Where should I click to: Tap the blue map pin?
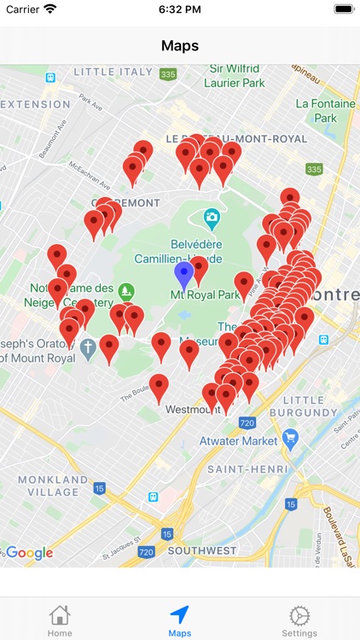pyautogui.click(x=183, y=275)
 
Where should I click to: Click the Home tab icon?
pyautogui.click(x=60, y=615)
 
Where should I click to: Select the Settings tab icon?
pyautogui.click(x=299, y=615)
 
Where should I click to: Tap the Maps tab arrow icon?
pyautogui.click(x=179, y=615)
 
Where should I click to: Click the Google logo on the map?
pyautogui.click(x=29, y=553)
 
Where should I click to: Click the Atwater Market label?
pyautogui.click(x=239, y=441)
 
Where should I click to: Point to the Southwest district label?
pyautogui.click(x=201, y=551)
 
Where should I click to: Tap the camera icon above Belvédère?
pyautogui.click(x=212, y=218)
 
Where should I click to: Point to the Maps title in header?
pyautogui.click(x=180, y=45)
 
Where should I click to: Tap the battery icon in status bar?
pyautogui.click(x=344, y=9)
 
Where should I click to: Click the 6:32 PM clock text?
pyautogui.click(x=179, y=9)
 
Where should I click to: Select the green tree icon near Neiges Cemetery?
pyautogui.click(x=127, y=291)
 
